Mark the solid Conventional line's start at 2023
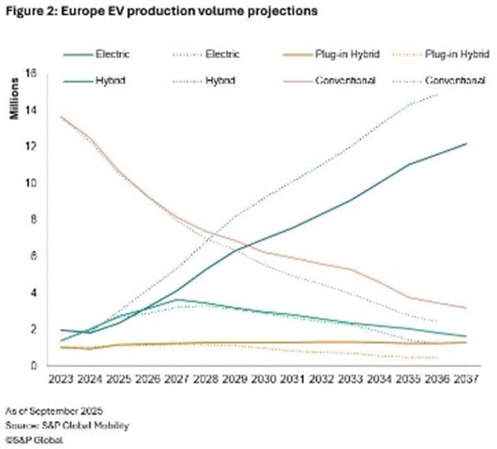pyautogui.click(x=61, y=117)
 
